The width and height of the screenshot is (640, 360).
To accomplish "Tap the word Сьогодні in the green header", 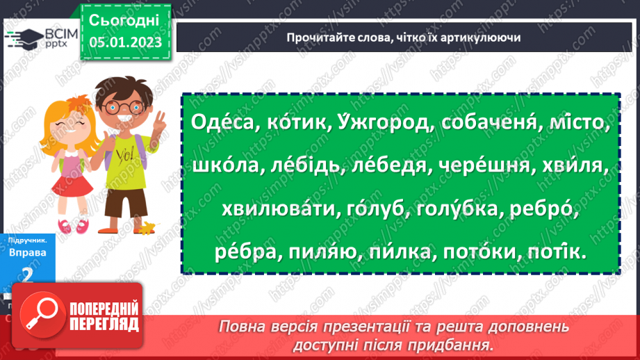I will [125, 19].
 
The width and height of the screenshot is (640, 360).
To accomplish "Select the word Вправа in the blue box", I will [28, 252].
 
